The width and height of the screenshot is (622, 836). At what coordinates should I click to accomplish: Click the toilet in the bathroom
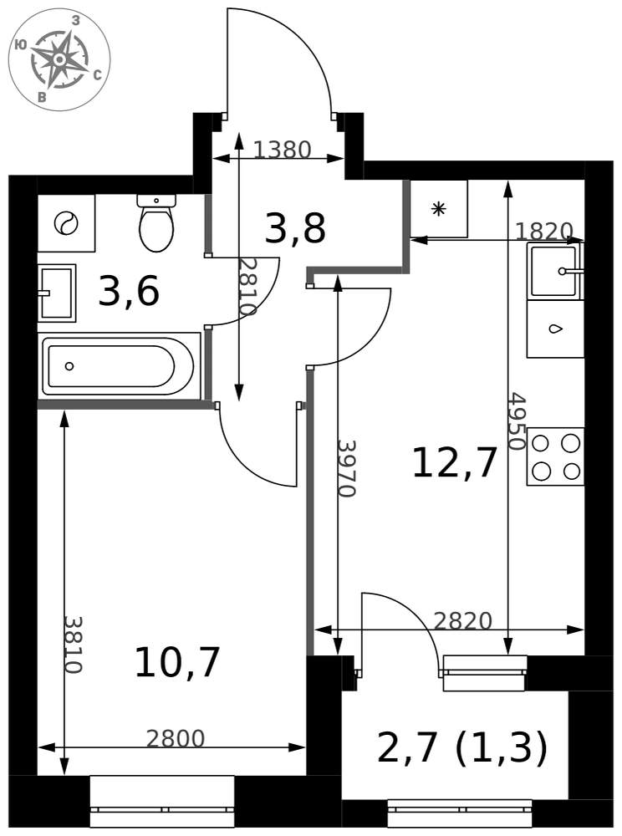click(156, 223)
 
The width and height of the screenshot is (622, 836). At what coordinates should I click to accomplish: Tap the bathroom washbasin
click(57, 293)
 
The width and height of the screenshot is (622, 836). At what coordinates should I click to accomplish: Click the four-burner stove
click(555, 457)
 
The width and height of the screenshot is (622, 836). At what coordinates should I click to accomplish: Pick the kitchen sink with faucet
click(555, 270)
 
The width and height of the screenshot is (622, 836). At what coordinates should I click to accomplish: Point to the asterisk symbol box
click(439, 208)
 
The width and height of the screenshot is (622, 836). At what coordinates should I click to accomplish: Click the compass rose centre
click(59, 59)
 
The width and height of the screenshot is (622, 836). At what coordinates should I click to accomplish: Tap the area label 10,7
click(177, 661)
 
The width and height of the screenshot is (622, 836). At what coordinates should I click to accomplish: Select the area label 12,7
click(455, 462)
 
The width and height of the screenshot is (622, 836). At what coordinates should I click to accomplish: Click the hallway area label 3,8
click(295, 229)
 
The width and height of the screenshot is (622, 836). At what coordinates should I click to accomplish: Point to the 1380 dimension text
click(282, 150)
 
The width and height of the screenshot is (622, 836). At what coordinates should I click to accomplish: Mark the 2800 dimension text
click(176, 738)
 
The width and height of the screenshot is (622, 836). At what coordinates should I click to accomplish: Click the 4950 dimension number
click(516, 421)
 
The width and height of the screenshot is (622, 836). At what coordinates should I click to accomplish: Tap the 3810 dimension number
click(73, 645)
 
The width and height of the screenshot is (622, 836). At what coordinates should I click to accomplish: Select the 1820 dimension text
click(544, 231)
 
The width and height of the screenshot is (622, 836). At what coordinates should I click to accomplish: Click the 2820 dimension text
click(462, 620)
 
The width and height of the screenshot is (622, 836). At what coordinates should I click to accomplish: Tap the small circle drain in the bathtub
click(69, 366)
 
